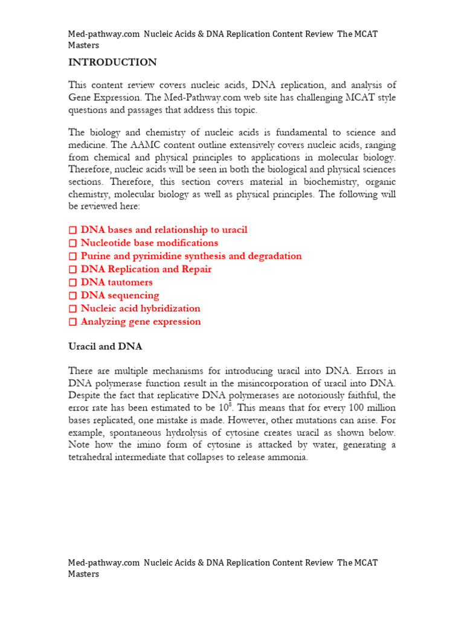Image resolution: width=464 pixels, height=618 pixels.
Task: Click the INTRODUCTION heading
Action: point(112,62)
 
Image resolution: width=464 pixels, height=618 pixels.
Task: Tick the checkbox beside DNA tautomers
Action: point(72,282)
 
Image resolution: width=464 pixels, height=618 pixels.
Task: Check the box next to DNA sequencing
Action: point(72,296)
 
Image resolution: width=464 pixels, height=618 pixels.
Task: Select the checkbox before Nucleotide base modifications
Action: point(72,243)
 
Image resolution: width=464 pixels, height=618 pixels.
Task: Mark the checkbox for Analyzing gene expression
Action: point(72,322)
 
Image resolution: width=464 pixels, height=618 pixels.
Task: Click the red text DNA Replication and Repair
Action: point(146,269)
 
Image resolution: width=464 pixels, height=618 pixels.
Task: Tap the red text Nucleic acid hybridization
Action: point(140,308)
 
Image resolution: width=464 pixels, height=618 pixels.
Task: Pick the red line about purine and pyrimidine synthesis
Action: point(191,256)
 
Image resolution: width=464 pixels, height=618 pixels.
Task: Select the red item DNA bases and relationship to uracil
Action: point(164,230)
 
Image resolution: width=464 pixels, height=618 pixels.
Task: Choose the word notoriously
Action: point(325,396)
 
